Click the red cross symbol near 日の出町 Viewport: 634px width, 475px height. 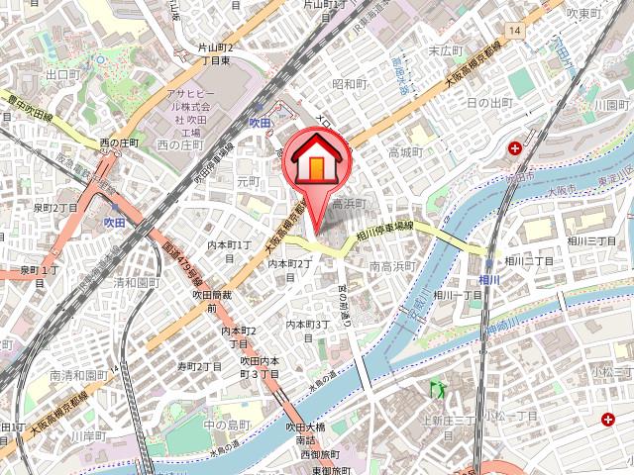(x=515, y=149)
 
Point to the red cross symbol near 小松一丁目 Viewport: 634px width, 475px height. (x=607, y=421)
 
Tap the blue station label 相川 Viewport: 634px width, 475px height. (x=488, y=281)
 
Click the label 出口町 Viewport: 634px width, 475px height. (x=62, y=74)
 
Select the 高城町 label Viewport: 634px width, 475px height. (x=406, y=152)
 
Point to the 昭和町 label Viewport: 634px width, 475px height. (x=350, y=84)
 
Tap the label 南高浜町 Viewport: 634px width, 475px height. (x=392, y=266)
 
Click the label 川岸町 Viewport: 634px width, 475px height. (x=88, y=434)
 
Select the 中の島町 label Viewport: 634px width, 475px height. (x=223, y=425)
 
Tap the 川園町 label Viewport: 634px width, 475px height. (x=612, y=104)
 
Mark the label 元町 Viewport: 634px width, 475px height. (x=248, y=181)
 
